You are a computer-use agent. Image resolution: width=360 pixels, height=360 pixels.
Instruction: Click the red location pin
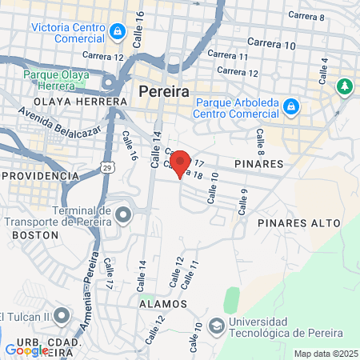point(181,164)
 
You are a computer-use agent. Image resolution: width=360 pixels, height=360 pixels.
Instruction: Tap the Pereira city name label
point(164,91)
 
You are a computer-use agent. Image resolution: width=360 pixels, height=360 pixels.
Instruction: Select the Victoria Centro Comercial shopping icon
point(118,32)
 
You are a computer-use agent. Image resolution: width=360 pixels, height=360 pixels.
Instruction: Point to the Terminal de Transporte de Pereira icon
point(122,214)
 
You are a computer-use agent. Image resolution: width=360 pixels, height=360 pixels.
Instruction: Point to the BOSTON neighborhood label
point(35,235)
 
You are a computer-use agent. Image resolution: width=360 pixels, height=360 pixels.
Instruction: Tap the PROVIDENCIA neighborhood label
point(37,174)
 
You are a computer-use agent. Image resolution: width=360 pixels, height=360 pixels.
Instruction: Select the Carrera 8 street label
point(306,16)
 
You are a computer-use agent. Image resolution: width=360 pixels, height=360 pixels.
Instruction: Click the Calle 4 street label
point(324,72)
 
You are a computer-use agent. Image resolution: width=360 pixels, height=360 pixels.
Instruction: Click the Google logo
point(26,350)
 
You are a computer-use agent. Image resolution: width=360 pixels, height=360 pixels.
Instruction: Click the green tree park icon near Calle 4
point(345,86)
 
